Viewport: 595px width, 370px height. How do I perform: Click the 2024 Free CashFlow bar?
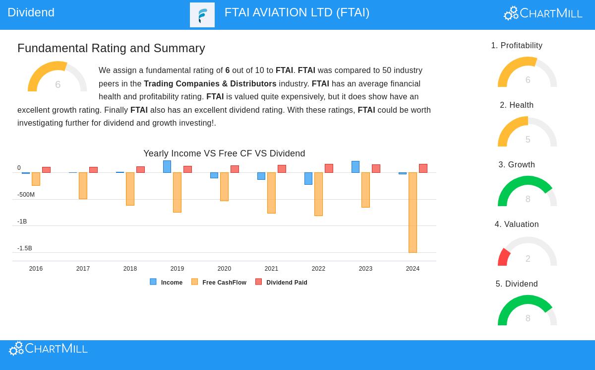(413, 213)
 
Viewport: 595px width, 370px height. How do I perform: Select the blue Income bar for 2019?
(167, 167)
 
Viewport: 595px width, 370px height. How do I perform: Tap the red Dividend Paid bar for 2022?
(329, 168)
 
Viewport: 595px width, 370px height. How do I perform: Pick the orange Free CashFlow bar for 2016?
(36, 179)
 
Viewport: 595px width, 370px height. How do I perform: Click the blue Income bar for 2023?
(356, 167)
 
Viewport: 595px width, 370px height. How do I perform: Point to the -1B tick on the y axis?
(22, 222)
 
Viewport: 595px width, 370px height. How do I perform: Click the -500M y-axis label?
(26, 195)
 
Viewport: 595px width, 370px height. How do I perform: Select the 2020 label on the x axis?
(224, 269)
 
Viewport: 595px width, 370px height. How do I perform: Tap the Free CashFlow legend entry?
(219, 282)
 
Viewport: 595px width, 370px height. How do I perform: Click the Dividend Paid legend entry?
(281, 282)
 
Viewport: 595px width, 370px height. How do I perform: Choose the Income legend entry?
(166, 282)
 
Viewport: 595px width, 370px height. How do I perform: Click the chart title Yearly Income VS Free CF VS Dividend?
(224, 153)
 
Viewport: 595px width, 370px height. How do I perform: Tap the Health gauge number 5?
(528, 140)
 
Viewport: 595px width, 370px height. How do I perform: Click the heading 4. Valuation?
(517, 224)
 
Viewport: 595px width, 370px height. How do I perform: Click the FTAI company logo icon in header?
(202, 15)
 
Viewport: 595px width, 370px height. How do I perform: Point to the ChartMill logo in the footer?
(48, 349)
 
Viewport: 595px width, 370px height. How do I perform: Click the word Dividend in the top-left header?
(31, 12)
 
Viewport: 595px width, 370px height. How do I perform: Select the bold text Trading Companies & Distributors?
(210, 84)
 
